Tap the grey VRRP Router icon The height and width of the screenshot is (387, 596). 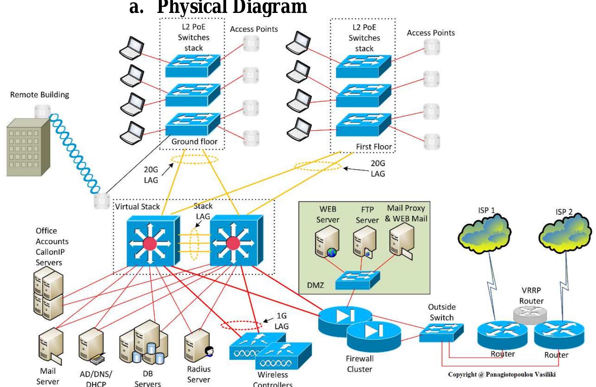[x=530, y=314]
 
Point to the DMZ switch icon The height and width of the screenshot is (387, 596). [x=358, y=280]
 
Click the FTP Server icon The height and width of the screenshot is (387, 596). [x=364, y=242]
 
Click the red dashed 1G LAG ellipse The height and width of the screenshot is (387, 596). [x=241, y=325]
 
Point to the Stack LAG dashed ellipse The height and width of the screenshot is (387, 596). [x=194, y=244]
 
